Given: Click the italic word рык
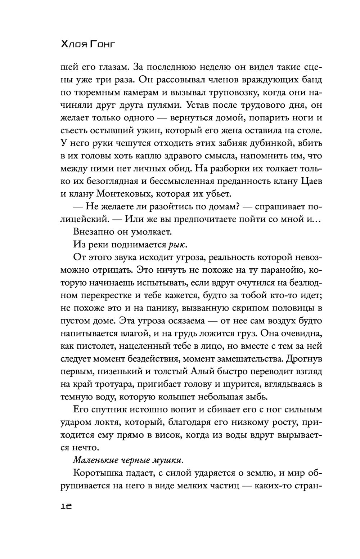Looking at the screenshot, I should tap(178, 245).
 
